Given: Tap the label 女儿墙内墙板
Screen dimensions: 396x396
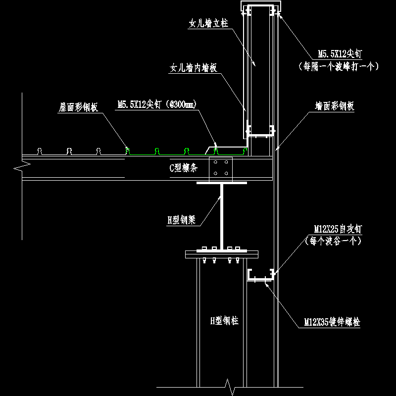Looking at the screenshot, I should click(194, 68).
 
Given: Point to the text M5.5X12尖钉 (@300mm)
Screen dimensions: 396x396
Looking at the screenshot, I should click(157, 104).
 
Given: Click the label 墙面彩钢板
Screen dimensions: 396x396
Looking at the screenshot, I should click(335, 106).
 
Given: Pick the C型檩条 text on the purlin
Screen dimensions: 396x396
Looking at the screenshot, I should click(184, 168).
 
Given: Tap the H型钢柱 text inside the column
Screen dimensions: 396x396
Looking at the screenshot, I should click(224, 321).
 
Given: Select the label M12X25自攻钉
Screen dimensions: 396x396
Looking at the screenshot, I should click(338, 229).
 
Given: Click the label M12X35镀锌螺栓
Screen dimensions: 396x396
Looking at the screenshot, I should click(332, 323).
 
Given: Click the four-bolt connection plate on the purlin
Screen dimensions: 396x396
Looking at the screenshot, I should click(221, 168).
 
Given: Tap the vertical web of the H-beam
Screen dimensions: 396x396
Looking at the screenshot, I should click(221, 215).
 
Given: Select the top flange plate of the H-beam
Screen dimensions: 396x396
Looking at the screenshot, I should click(221, 183).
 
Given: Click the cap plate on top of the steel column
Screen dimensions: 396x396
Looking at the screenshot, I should click(221, 254).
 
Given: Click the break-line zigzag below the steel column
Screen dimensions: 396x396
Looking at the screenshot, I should click(228, 384).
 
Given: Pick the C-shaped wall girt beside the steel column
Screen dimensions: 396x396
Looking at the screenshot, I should click(261, 275).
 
